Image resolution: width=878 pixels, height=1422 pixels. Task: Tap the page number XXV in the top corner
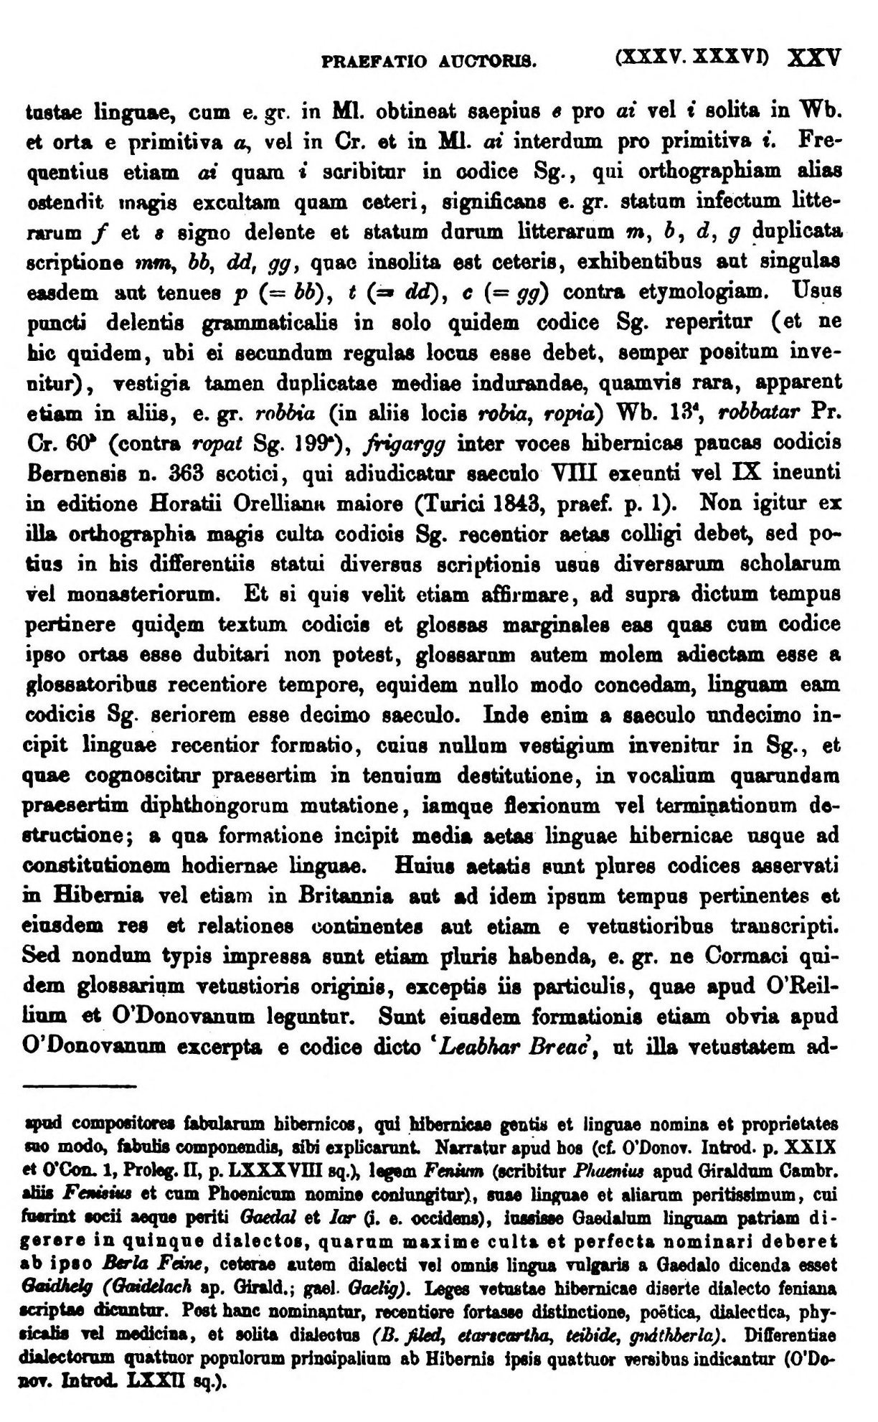813,57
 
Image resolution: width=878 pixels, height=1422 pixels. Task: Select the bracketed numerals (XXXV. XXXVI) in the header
692,57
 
